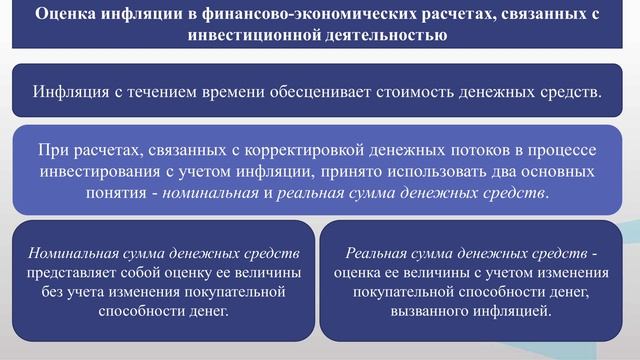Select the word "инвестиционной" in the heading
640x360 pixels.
tap(251, 35)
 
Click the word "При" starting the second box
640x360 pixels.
tap(51, 149)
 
